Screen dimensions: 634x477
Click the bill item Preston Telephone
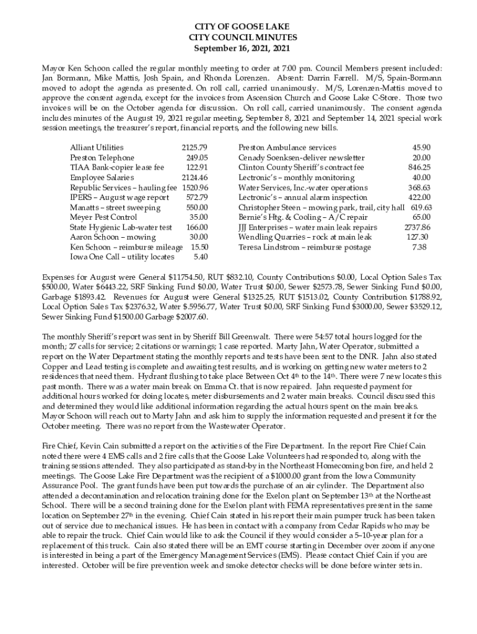coord(102,158)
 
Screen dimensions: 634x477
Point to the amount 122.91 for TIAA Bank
coord(196,168)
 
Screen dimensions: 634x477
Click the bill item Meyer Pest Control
coord(103,217)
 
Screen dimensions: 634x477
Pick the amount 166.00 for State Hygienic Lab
coord(196,227)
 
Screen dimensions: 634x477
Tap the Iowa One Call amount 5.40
coord(200,257)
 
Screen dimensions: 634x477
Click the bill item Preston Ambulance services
coord(287,148)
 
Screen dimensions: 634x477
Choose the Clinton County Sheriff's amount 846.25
coord(419,168)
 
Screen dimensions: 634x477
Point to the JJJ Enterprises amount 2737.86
coord(417,227)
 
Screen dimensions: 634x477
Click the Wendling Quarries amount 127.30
coord(417,237)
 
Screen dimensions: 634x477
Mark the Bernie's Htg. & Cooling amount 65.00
coord(421,217)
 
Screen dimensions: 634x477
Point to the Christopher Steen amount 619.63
coord(421,207)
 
